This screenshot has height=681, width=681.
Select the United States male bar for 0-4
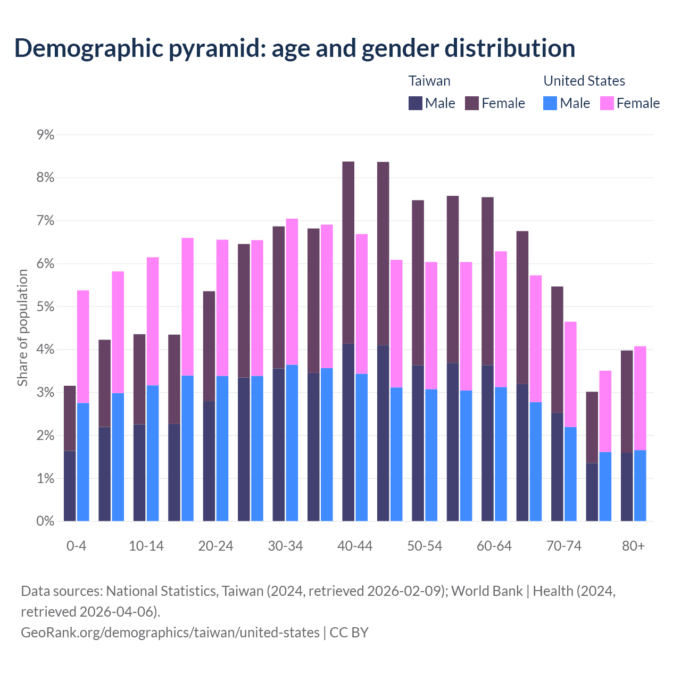[83, 462]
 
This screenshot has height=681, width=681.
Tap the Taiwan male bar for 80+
[627, 487]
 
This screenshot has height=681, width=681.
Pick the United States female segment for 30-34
[292, 292]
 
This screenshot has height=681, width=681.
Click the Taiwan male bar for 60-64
[487, 443]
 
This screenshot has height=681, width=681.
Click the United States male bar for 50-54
[431, 455]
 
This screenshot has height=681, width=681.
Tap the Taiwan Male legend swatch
[416, 103]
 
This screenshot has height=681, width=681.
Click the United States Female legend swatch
[607, 103]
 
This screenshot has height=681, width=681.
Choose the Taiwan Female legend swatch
[472, 103]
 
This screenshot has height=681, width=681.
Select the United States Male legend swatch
[550, 103]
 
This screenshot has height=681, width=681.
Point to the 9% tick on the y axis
[46, 135]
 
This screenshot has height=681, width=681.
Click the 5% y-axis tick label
[46, 307]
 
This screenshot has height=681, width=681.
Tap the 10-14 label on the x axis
[146, 546]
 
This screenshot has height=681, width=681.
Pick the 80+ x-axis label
[633, 546]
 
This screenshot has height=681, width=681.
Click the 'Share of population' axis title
[22, 328]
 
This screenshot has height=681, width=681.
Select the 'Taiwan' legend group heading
[429, 81]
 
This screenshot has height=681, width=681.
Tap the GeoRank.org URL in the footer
[170, 632]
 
